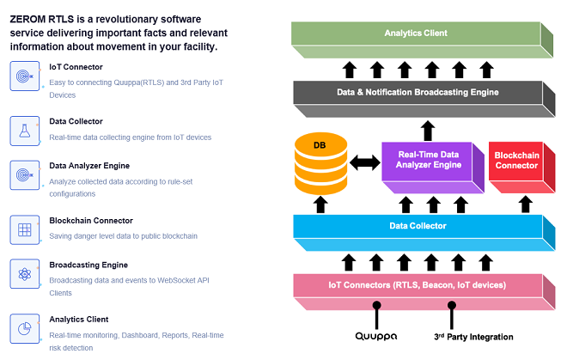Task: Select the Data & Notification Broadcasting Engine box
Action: pyautogui.click(x=417, y=92)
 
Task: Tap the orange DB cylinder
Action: pyautogui.click(x=320, y=162)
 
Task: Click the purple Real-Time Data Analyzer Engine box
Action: pyautogui.click(x=428, y=159)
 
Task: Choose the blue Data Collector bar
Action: pyautogui.click(x=417, y=226)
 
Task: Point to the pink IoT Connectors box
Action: pyautogui.click(x=417, y=285)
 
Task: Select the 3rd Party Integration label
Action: pyautogui.click(x=472, y=337)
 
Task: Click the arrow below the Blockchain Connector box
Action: pyautogui.click(x=525, y=204)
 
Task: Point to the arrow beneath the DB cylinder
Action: pyautogui.click(x=321, y=204)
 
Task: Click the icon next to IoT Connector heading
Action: pyautogui.click(x=23, y=76)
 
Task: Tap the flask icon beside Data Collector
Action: pyautogui.click(x=23, y=131)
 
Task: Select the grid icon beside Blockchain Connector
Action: pyautogui.click(x=23, y=229)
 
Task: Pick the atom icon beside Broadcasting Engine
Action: pyautogui.click(x=23, y=276)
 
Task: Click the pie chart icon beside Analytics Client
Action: pyautogui.click(x=23, y=328)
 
